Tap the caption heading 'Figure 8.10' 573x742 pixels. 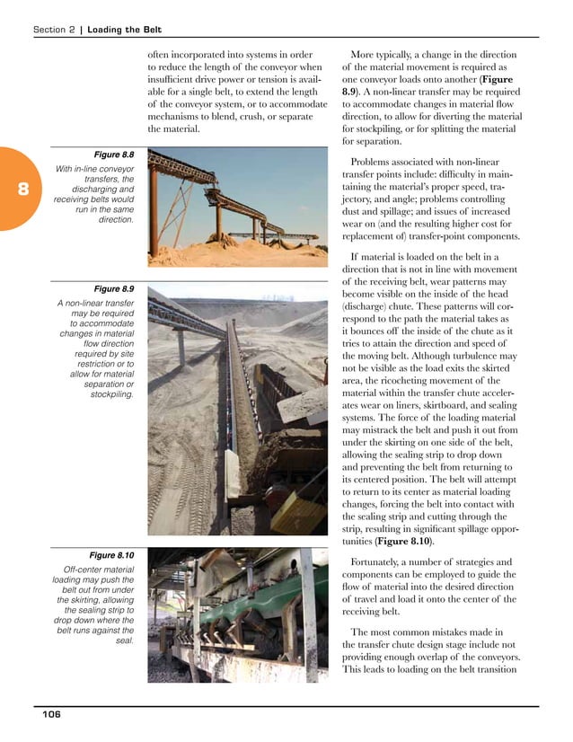[111, 555]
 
